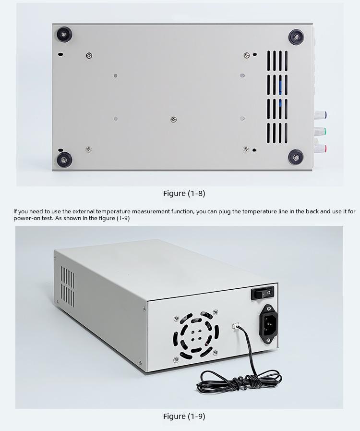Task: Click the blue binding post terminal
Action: point(321,115)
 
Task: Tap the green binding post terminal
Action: point(321,131)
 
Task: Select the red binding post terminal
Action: point(321,148)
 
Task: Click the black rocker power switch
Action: point(263,293)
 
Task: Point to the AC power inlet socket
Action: point(268,324)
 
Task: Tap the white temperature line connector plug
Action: point(236,326)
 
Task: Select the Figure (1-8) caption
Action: point(184,194)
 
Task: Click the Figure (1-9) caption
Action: point(184,417)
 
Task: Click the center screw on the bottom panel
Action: point(173,119)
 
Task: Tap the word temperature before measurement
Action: point(113,211)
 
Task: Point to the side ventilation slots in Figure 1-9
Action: point(67,286)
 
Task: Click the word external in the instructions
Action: point(84,211)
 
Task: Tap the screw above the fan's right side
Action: point(216,311)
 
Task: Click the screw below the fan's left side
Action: point(176,359)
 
